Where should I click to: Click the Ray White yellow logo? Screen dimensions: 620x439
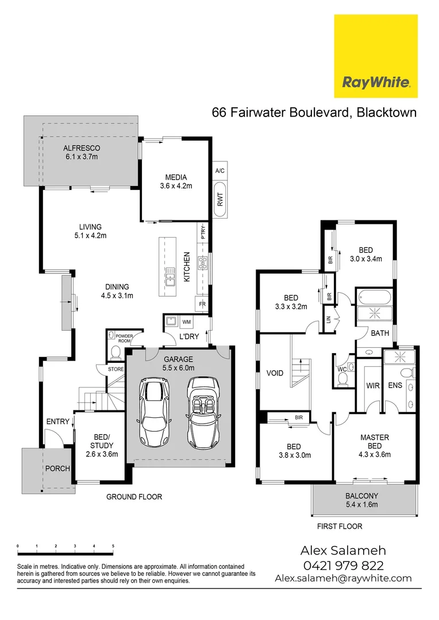[376, 56]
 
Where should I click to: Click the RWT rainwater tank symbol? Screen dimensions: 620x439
[220, 200]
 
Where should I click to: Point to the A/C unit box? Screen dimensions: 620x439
[219, 171]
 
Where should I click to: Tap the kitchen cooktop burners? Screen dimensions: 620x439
[202, 263]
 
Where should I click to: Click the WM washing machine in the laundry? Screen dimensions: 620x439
[186, 322]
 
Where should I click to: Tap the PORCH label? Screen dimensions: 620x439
[59, 468]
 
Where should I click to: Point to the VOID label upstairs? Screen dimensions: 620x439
[275, 373]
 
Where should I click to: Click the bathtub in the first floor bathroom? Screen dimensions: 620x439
[373, 298]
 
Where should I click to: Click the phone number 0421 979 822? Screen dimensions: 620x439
[343, 565]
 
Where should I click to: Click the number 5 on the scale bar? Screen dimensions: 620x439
[113, 546]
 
